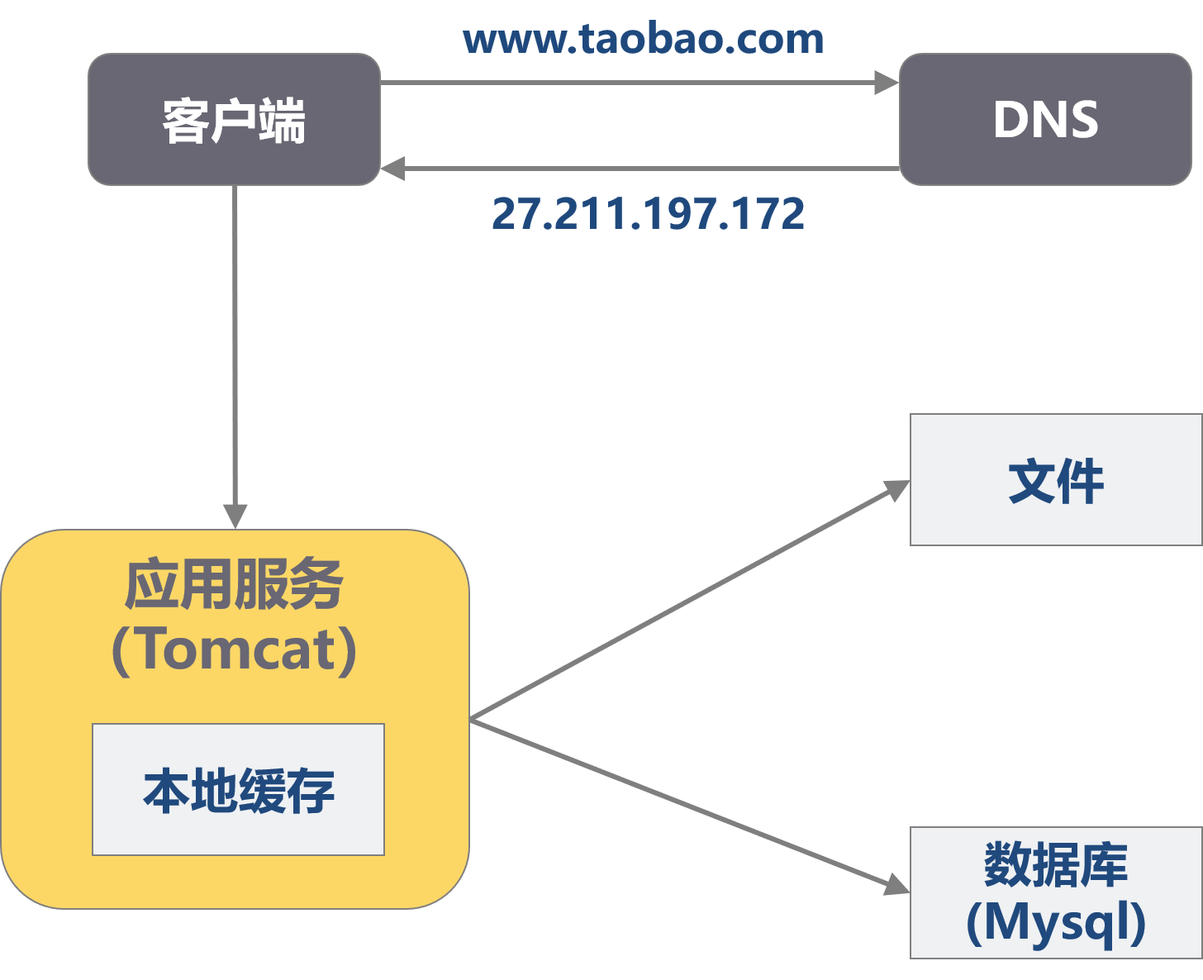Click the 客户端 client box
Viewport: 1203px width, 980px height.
(234, 120)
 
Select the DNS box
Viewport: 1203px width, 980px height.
(1045, 120)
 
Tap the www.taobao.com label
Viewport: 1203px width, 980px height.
(644, 40)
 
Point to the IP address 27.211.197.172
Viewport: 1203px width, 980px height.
(648, 214)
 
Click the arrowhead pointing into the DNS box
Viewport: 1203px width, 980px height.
(887, 83)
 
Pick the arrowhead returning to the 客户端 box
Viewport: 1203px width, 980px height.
(392, 169)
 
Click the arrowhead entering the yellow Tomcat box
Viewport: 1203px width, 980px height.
(235, 516)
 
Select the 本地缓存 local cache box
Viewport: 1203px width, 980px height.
(238, 790)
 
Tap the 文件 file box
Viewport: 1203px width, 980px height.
(1055, 480)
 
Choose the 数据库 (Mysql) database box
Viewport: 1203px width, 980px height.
(1055, 892)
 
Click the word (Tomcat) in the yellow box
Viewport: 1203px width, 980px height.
(235, 650)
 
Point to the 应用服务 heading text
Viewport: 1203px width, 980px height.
(234, 585)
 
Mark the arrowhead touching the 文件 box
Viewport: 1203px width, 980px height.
(896, 489)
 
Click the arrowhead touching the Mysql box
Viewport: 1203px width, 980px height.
(896, 885)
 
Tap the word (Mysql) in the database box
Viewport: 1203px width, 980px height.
(1056, 922)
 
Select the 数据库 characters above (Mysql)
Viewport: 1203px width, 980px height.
(1056, 864)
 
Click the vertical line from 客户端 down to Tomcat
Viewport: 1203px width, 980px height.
(235, 347)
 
